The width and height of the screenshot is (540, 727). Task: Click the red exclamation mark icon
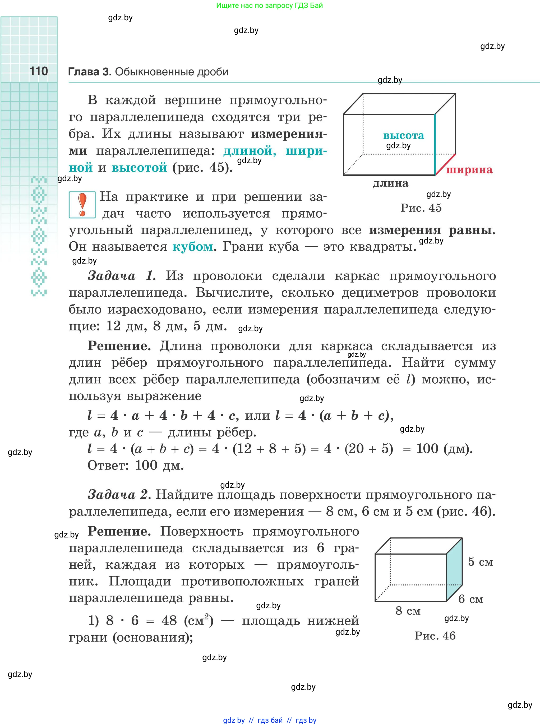click(x=82, y=204)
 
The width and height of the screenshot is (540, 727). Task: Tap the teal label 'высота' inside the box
click(x=403, y=135)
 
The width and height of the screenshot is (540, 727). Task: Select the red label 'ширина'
click(x=469, y=169)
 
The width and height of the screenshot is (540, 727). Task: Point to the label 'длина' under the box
click(x=391, y=183)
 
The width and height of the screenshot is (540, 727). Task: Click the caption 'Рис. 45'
click(x=421, y=208)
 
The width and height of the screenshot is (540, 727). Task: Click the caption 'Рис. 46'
click(x=435, y=636)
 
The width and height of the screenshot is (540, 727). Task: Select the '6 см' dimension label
click(x=471, y=599)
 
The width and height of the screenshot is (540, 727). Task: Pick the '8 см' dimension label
click(x=408, y=610)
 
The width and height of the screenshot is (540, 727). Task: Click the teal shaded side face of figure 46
click(x=454, y=569)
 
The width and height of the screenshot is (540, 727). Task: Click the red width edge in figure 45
click(x=445, y=164)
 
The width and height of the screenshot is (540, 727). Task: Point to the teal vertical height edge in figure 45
click(x=435, y=145)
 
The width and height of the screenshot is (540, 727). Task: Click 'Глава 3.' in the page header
click(x=90, y=72)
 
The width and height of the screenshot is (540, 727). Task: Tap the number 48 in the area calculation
click(x=169, y=620)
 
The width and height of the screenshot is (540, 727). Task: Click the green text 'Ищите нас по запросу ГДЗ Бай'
click(x=269, y=6)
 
